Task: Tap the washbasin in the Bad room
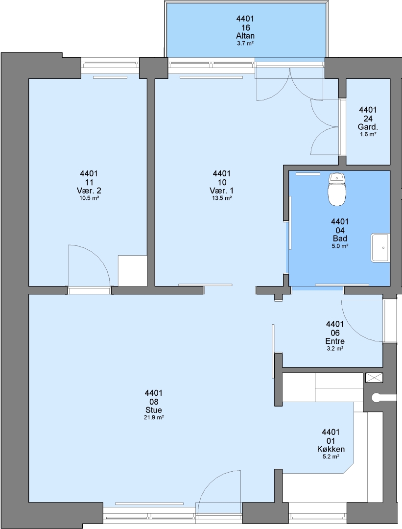click(x=380, y=248)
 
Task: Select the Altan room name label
click(x=245, y=36)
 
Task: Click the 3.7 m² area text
click(x=245, y=43)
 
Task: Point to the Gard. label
click(x=368, y=127)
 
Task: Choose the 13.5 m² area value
click(x=222, y=198)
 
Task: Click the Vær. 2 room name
click(x=89, y=191)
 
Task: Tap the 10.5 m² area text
click(x=89, y=198)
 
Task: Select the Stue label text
click(x=153, y=410)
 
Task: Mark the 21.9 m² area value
click(x=153, y=417)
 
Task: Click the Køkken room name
click(x=331, y=449)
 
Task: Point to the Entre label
click(x=335, y=341)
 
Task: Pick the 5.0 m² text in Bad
click(x=340, y=246)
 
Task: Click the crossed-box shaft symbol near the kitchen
click(x=374, y=378)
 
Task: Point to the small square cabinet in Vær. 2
click(x=132, y=270)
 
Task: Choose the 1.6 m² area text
click(x=368, y=134)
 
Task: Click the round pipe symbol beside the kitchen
click(x=375, y=398)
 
